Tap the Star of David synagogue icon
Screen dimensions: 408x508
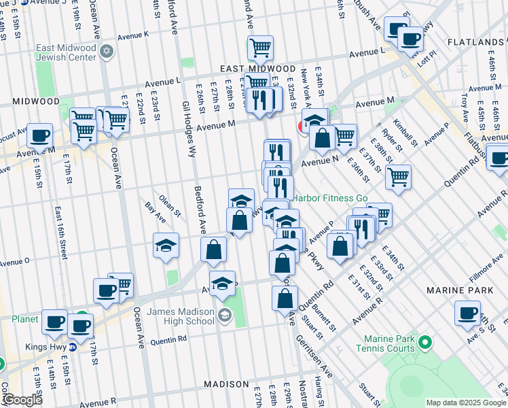(106, 52)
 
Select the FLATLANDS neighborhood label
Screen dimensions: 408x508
(475, 42)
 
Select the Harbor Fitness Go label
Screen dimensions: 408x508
(330, 199)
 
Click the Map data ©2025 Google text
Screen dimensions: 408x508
(466, 403)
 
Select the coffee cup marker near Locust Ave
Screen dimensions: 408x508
(39, 135)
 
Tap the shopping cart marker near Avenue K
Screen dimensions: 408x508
(260, 48)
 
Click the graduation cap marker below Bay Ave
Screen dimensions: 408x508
(166, 246)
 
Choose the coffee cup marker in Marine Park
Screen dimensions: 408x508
(467, 313)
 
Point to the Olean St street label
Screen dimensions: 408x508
(170, 205)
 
